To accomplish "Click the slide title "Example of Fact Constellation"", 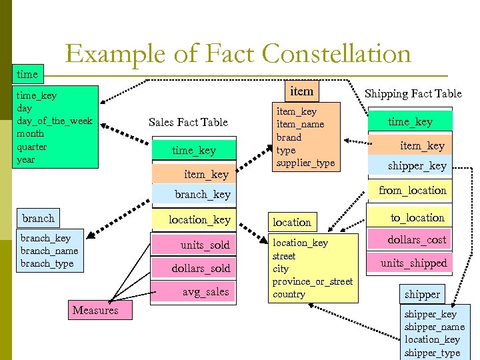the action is pyautogui.click(x=238, y=54).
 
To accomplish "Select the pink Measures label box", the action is pyautogui.click(x=95, y=310).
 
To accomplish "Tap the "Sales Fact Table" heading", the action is pyautogui.click(x=188, y=122).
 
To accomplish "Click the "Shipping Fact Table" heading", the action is pyautogui.click(x=413, y=94).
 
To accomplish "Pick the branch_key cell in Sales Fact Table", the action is pyautogui.click(x=202, y=195).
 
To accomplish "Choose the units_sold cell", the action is pyautogui.click(x=204, y=245).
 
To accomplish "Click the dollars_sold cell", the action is pyautogui.click(x=200, y=269).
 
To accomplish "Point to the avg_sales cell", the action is pyautogui.click(x=205, y=292).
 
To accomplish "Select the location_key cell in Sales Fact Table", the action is pyautogui.click(x=199, y=220).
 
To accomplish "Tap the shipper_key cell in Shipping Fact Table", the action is pyautogui.click(x=417, y=166).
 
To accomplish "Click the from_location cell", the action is pyautogui.click(x=412, y=191).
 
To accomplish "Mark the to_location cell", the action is pyautogui.click(x=417, y=218).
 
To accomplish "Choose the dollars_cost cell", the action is pyautogui.click(x=417, y=240).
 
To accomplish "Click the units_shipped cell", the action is pyautogui.click(x=413, y=263).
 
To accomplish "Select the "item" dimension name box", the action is pyautogui.click(x=301, y=91).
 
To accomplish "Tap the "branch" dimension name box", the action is pyautogui.click(x=38, y=219).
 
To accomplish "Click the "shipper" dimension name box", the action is pyautogui.click(x=422, y=294).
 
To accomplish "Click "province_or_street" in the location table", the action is pyautogui.click(x=312, y=281).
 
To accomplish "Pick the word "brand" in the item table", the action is pyautogui.click(x=289, y=137).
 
